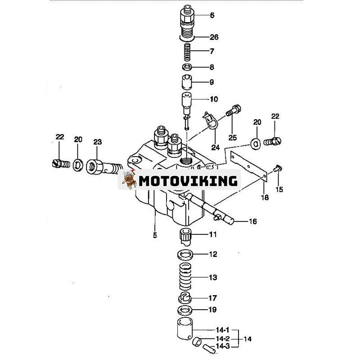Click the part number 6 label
click(x=212, y=15)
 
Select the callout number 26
click(x=214, y=37)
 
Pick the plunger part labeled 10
click(x=187, y=101)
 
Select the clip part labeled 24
click(x=211, y=121)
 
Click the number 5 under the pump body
click(x=155, y=235)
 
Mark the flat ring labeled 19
click(x=185, y=310)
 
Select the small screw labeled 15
click(x=278, y=169)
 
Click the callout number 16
click(x=253, y=221)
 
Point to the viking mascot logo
click(x=129, y=180)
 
